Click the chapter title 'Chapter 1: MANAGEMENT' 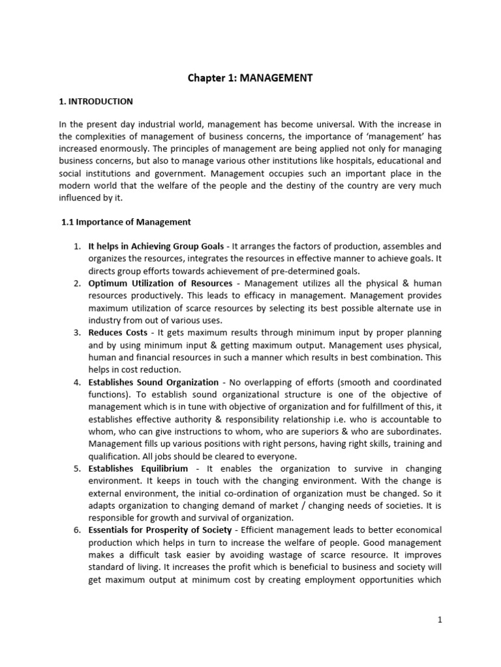click(250, 78)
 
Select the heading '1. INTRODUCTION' click(96, 102)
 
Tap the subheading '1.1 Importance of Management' click(126, 222)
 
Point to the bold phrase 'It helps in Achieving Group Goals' click(155, 246)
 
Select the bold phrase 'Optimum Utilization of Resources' click(160, 283)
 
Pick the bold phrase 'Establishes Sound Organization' click(153, 382)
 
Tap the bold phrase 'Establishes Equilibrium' click(138, 469)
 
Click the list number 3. click(76, 333)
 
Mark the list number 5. click(76, 469)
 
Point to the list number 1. click(76, 246)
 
